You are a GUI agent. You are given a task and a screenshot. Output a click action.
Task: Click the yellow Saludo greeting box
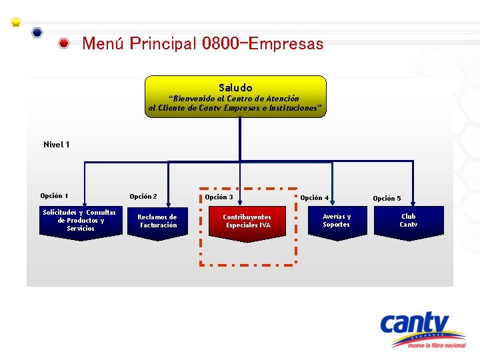(x=236, y=97)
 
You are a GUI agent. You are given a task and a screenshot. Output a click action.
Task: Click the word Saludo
(x=235, y=87)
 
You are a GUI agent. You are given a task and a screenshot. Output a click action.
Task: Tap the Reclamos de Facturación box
(x=157, y=222)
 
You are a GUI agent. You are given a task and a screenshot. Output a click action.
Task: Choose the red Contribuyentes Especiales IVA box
(x=247, y=222)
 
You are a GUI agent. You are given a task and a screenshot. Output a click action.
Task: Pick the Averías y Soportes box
(x=336, y=221)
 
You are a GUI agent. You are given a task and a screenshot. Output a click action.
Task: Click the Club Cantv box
(x=408, y=221)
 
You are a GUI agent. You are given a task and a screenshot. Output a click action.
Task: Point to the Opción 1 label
(x=54, y=196)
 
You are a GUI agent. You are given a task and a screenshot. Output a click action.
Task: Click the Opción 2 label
(x=143, y=197)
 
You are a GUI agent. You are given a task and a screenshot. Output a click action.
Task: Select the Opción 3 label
(x=219, y=197)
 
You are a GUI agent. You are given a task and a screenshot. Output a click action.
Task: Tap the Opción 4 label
(x=314, y=198)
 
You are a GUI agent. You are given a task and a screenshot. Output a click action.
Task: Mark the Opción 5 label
(x=387, y=199)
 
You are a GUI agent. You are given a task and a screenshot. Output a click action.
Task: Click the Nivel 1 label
(x=57, y=145)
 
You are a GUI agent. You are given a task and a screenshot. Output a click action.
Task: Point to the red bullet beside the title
(x=64, y=45)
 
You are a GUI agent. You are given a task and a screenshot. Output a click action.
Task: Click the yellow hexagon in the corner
(x=16, y=22)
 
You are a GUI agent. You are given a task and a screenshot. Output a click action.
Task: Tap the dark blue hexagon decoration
(x=37, y=32)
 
